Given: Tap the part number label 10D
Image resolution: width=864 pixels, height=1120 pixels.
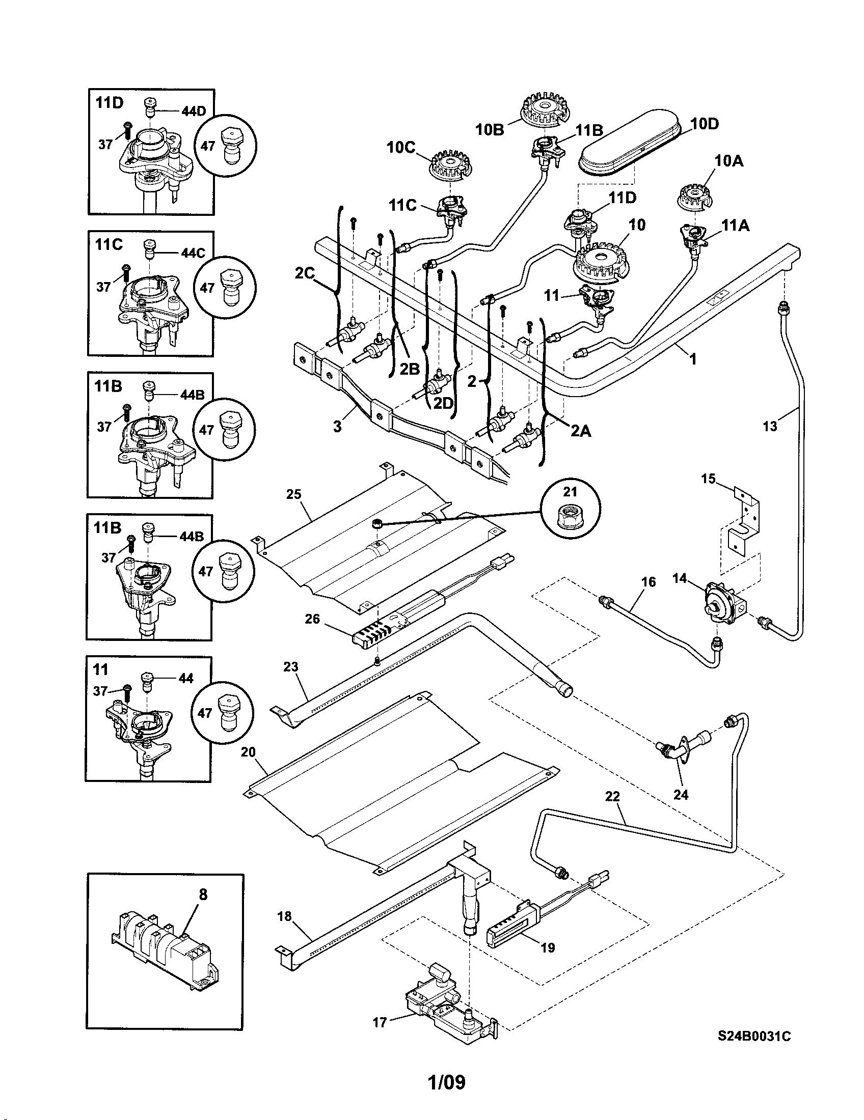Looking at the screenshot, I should [705, 124].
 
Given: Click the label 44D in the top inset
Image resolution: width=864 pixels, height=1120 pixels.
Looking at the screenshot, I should [194, 111].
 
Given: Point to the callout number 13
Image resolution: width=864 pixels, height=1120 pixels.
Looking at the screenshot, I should [770, 426].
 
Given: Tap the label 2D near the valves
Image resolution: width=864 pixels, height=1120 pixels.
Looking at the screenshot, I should [444, 403].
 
